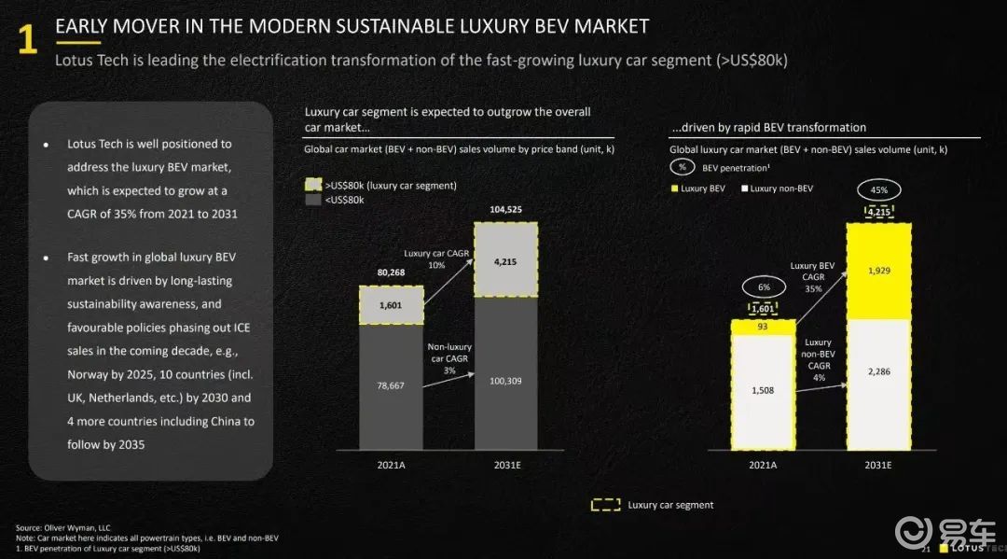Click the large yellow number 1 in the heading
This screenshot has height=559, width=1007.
tap(28, 41)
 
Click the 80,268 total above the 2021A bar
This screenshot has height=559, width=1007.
tap(391, 273)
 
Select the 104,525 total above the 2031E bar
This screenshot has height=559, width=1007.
tap(505, 210)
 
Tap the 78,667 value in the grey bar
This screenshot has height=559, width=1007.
tap(391, 384)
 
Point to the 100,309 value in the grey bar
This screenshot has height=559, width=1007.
tap(505, 380)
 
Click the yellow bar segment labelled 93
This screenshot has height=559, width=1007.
tap(763, 326)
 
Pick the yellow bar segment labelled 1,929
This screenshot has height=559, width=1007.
tap(878, 271)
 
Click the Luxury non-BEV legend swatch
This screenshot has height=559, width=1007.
tap(744, 189)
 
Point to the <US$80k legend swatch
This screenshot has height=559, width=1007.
tap(312, 200)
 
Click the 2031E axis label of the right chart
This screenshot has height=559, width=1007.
tap(878, 464)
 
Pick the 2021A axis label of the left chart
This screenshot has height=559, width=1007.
tap(391, 464)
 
